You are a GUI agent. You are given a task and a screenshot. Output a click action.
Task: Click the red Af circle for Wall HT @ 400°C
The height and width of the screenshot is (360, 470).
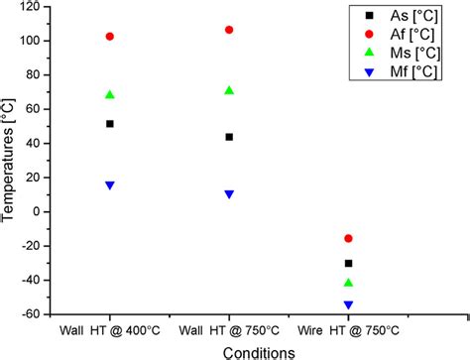point(110,37)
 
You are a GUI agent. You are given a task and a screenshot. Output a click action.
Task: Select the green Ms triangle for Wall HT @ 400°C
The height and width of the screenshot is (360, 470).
point(110,95)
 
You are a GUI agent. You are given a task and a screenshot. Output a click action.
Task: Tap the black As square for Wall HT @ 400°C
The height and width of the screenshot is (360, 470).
point(110,124)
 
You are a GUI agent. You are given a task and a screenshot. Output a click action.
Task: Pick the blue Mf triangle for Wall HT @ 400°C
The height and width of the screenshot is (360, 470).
point(110,185)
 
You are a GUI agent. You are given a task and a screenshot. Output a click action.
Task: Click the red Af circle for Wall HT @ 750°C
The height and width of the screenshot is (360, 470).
point(229,30)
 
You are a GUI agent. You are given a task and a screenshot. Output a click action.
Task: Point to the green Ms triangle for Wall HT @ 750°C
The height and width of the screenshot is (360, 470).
point(229,90)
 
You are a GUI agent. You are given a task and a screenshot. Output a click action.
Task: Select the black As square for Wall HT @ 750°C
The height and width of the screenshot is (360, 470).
point(229,137)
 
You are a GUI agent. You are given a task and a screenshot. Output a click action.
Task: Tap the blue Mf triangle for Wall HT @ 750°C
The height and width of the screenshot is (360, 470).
point(229,194)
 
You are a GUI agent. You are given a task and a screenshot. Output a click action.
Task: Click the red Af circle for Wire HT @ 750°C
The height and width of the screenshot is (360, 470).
point(348,238)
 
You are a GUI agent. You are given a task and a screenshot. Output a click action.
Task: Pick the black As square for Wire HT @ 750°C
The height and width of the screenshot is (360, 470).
point(348,263)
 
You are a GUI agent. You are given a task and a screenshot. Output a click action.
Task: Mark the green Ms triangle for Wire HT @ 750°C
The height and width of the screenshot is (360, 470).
point(348,283)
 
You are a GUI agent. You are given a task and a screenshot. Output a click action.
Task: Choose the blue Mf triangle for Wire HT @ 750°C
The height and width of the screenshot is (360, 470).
point(348,305)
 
